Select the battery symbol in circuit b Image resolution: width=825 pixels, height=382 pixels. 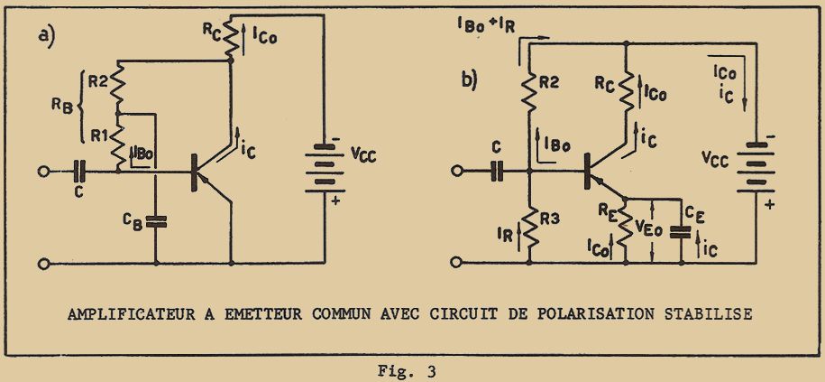[751, 166]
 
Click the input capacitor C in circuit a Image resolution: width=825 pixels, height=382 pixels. [80, 169]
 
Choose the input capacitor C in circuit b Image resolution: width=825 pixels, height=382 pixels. [497, 169]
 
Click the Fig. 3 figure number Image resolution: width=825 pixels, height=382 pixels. [408, 370]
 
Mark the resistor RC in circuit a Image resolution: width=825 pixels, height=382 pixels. [229, 38]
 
